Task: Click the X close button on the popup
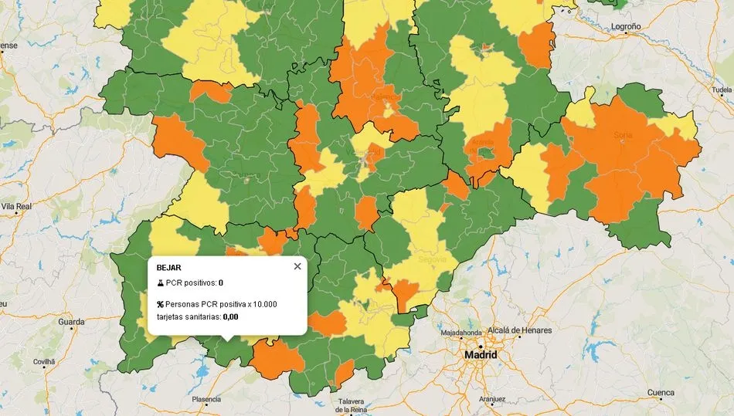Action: [297, 266]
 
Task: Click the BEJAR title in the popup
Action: [168, 267]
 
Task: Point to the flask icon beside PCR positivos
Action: [160, 283]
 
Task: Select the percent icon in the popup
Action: [160, 304]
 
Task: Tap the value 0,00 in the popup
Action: [230, 316]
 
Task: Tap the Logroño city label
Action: [626, 26]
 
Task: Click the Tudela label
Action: [720, 90]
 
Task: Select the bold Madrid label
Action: [480, 355]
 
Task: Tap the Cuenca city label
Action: [661, 392]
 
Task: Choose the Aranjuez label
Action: [491, 399]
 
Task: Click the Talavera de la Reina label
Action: [356, 405]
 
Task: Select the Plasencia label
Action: [206, 399]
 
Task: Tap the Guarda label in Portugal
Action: [71, 321]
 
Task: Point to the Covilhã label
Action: [44, 360]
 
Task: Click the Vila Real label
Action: [16, 207]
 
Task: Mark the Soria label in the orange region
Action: [622, 135]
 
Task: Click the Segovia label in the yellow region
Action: [432, 259]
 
